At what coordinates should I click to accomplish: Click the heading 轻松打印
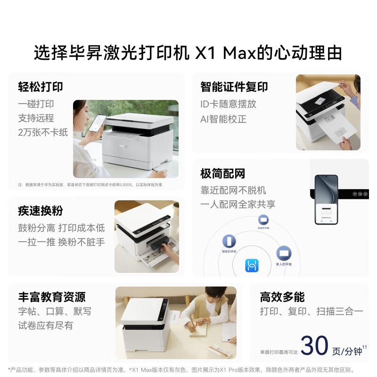[41, 87]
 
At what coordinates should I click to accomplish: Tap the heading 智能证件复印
[234, 87]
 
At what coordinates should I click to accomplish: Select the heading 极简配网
[223, 173]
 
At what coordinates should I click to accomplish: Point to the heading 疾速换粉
[41, 211]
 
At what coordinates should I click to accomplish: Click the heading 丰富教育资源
[52, 297]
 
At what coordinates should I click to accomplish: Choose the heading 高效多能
[282, 297]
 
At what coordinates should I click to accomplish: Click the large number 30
[314, 346]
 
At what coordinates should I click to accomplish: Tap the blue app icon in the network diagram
[252, 266]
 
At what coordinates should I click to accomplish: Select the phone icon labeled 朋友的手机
[229, 242]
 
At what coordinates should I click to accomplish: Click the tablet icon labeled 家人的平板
[284, 253]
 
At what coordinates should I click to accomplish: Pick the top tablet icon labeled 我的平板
[263, 220]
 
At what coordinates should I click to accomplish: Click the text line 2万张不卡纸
[43, 132]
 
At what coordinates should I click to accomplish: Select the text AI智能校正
[223, 118]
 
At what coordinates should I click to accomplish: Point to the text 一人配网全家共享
[238, 204]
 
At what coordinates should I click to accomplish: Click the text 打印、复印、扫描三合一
[311, 311]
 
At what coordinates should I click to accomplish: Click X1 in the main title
[205, 53]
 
